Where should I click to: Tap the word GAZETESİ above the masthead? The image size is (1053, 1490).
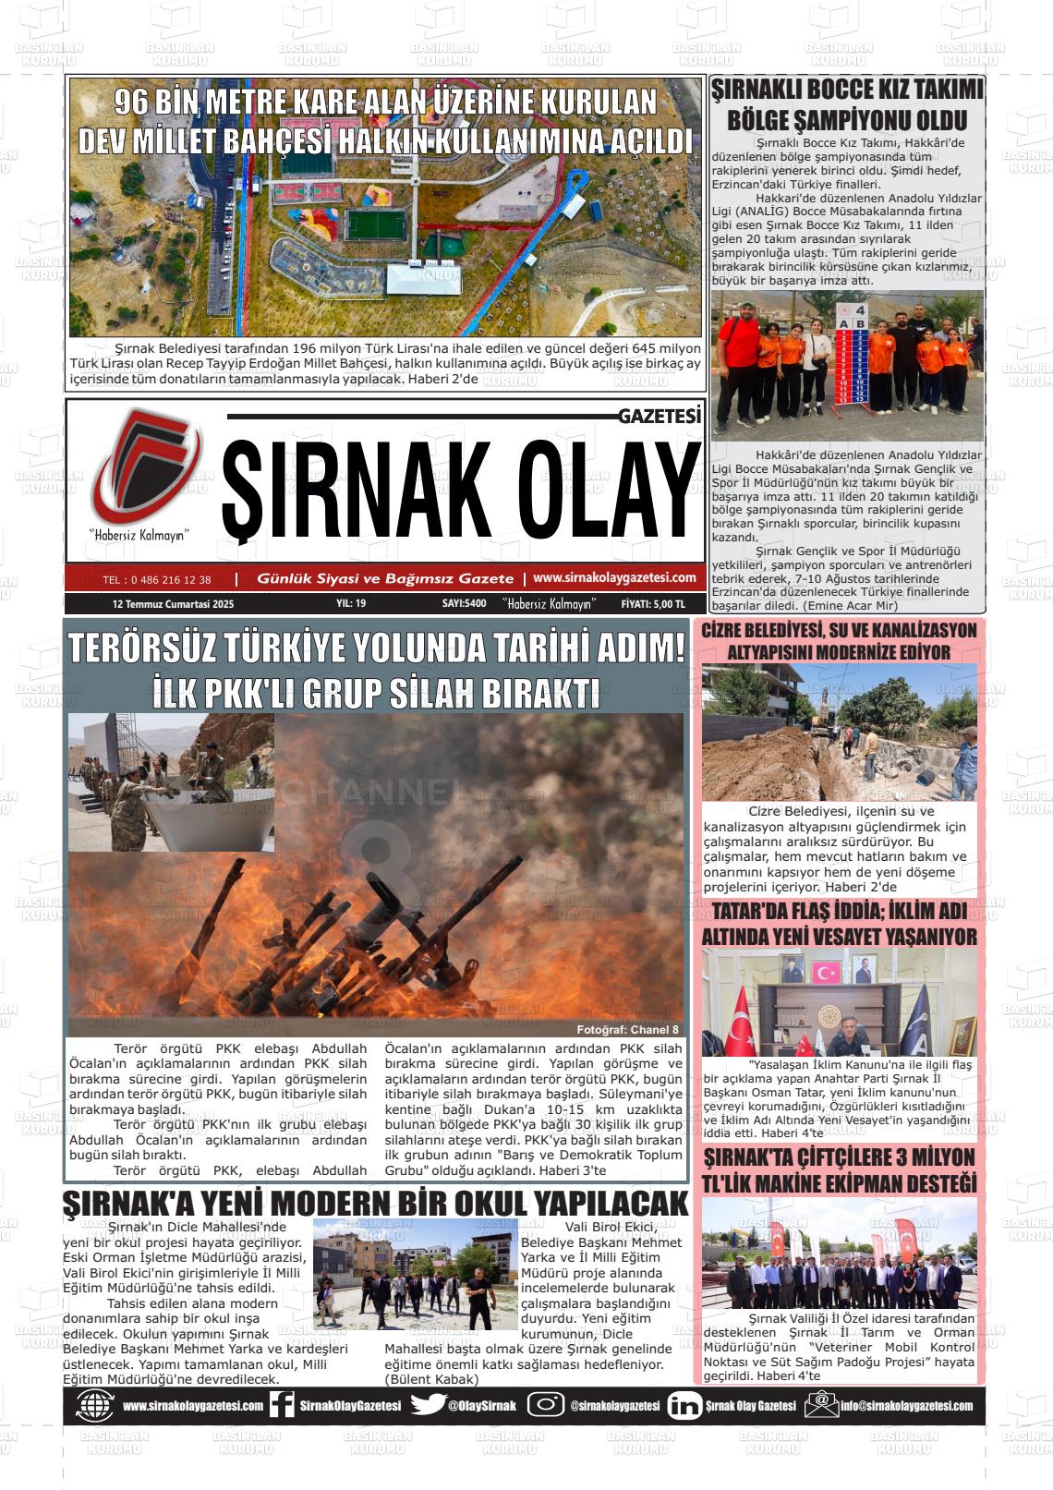click(x=660, y=417)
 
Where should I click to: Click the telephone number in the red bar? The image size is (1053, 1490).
click(x=157, y=580)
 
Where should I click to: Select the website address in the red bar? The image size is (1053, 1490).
click(x=614, y=578)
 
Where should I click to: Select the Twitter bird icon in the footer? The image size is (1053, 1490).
click(x=428, y=1405)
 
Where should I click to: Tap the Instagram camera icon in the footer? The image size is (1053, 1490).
click(x=546, y=1405)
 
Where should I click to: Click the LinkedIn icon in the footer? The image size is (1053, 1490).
click(x=684, y=1406)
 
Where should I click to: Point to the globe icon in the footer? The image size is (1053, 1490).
click(x=93, y=1406)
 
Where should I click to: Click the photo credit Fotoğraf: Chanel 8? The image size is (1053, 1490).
click(x=627, y=1030)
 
